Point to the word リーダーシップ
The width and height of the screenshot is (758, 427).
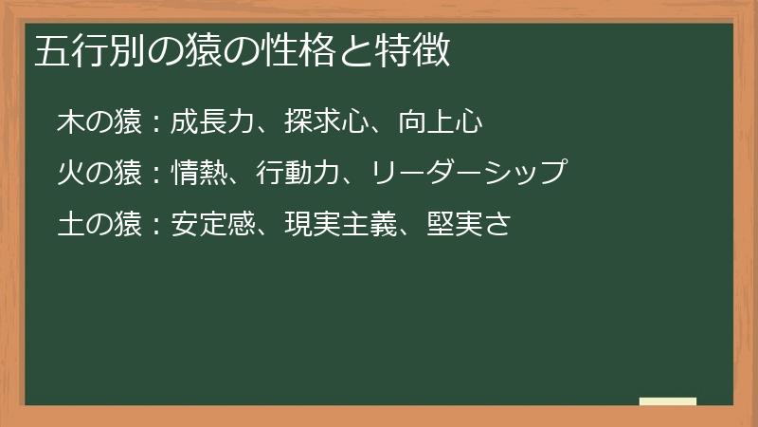click(x=468, y=174)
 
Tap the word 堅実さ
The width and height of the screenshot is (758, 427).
click(x=469, y=225)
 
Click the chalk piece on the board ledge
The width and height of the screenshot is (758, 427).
click(x=668, y=401)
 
